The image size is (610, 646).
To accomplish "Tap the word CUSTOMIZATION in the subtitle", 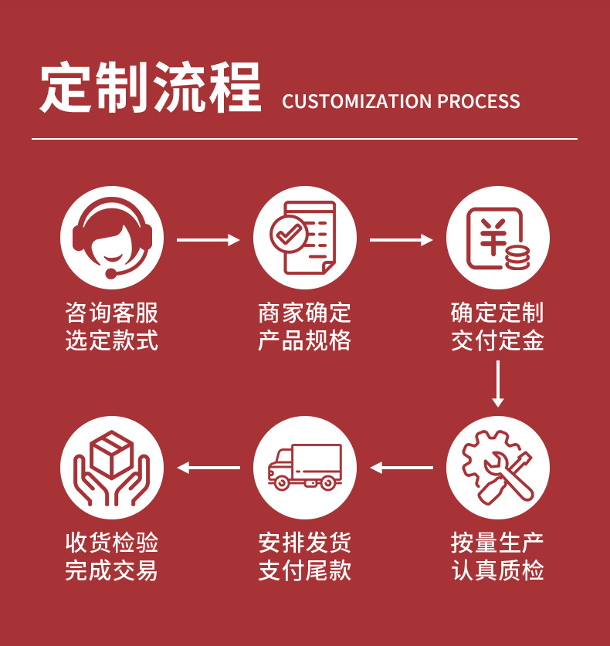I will pos(356,102).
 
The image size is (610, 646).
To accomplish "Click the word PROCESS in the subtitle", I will pos(479,102).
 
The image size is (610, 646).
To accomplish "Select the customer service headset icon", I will pos(112,238).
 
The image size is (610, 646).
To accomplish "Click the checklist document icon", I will pos(305,238).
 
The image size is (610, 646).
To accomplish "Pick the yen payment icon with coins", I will pos(498,238).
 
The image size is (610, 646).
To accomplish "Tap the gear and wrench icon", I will pos(498,468).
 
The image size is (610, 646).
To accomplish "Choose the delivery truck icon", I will pos(305,468).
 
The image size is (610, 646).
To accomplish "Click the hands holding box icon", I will pos(112,468).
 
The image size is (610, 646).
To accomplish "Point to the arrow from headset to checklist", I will pos(208,240).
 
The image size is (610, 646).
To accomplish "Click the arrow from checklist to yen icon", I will pos(402,240).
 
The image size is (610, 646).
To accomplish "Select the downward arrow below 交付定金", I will pos(498,384).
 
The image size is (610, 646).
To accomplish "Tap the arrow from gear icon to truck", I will pos(402,468).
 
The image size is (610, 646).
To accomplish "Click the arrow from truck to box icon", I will pos(208,468).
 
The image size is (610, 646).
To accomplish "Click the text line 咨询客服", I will pos(112,313).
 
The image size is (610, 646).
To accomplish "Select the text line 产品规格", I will pos(305,340).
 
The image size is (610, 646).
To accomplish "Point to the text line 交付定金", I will pos(498,340).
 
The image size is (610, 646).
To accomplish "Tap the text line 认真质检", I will pos(498,570).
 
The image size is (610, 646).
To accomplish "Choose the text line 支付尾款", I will pos(305,570).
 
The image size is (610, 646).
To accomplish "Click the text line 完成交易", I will pos(112,570).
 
